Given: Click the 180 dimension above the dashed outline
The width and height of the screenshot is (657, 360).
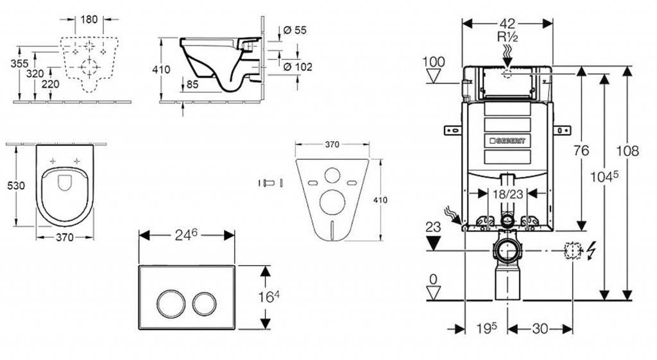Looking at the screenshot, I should (89, 19).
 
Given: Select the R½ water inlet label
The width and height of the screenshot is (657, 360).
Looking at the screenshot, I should (508, 37).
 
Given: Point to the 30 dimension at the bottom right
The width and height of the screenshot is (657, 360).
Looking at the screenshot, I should (540, 329).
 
